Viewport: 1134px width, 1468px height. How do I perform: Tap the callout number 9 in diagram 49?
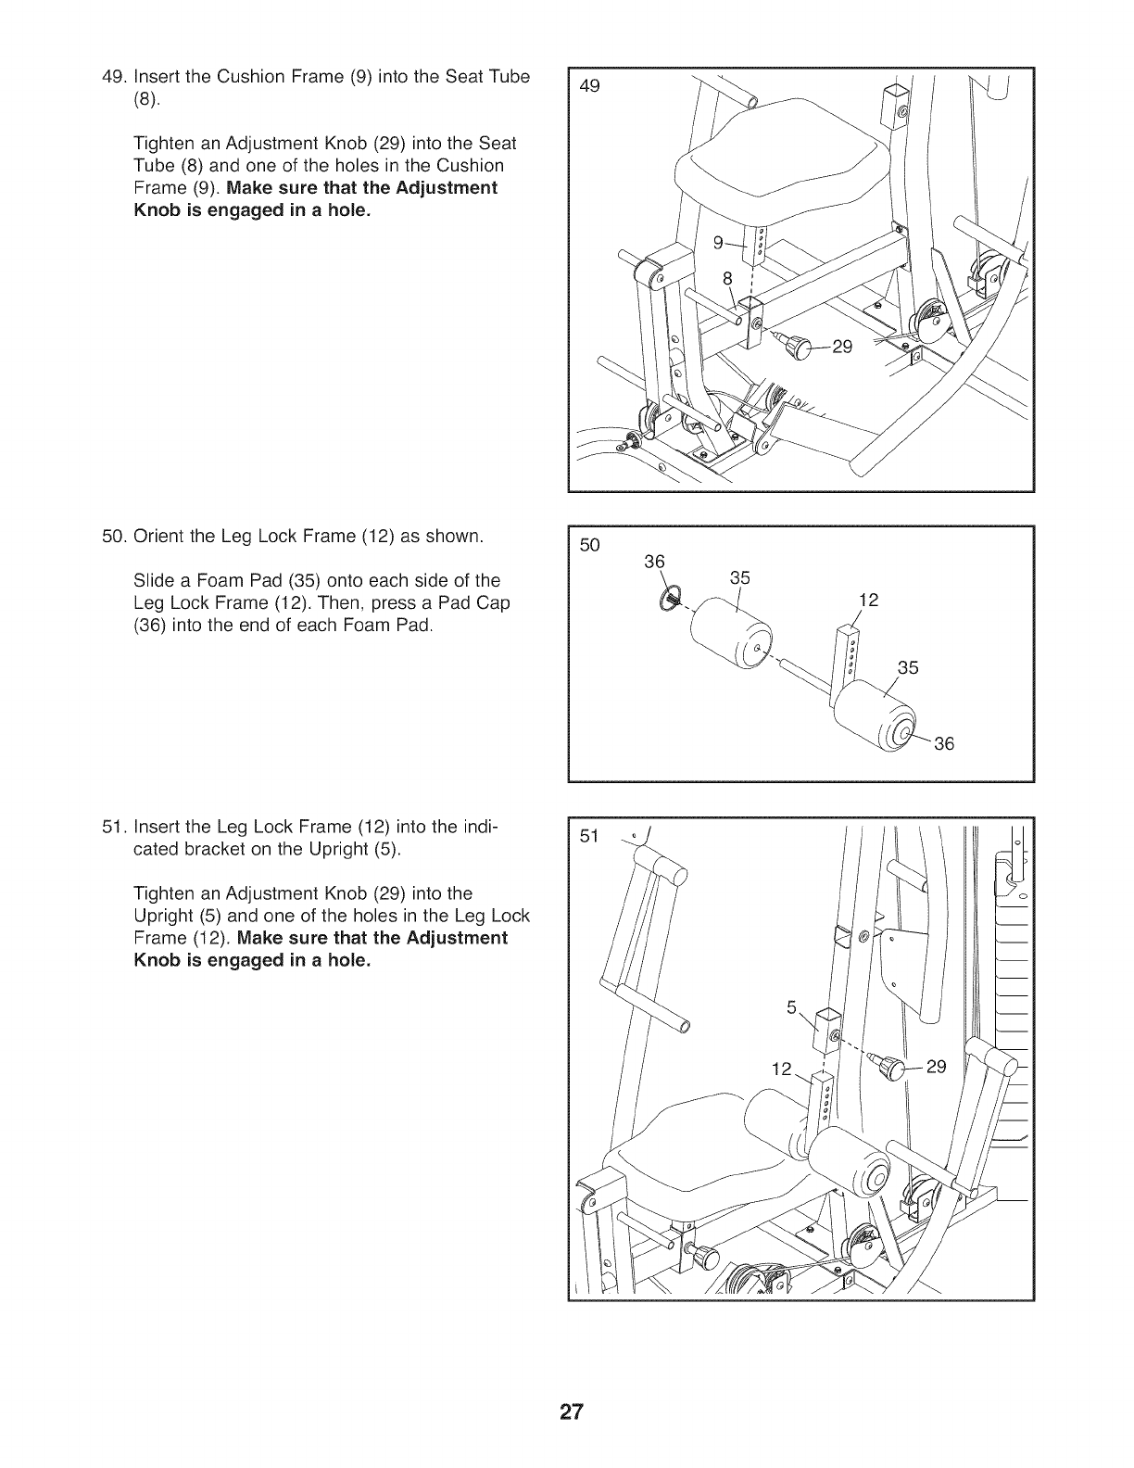coord(717,243)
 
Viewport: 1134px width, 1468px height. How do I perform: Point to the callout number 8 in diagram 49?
coord(727,277)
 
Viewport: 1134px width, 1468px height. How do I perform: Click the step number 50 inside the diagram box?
coord(589,545)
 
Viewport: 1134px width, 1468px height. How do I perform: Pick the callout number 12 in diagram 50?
coord(868,601)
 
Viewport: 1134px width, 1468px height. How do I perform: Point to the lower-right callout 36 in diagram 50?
coord(943,743)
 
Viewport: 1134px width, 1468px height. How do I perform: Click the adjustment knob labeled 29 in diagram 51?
coord(890,1067)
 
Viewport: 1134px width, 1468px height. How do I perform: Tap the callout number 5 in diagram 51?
coord(791,1006)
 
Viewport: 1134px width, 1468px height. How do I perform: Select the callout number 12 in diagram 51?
coord(782,1069)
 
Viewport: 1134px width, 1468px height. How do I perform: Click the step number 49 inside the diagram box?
coord(589,86)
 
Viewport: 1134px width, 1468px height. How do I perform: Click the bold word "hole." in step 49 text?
coord(346,210)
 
